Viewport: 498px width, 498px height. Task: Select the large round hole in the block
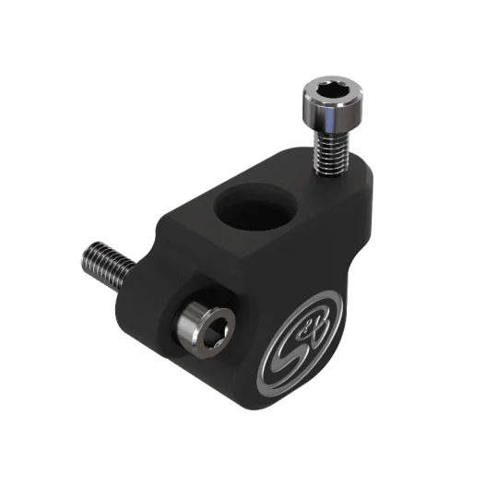coord(255,208)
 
